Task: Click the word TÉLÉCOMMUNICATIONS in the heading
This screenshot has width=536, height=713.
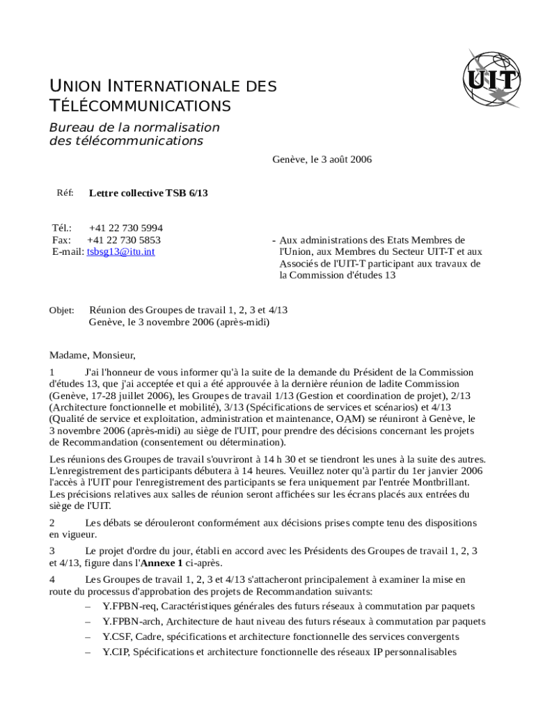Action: tap(140, 107)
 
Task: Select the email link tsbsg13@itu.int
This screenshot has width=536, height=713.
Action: tap(120, 251)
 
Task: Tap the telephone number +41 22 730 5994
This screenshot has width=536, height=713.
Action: tap(126, 228)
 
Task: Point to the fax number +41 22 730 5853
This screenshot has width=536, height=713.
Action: tap(123, 240)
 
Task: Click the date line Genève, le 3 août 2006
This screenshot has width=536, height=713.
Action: tap(322, 159)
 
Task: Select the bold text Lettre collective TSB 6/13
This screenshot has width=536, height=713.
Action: tap(148, 193)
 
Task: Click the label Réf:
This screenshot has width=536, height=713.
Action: tap(65, 192)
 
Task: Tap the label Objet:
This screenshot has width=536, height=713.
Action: tap(61, 311)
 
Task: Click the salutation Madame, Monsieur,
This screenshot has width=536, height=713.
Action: tap(92, 355)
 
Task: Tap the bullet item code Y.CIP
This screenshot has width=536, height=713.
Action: tap(115, 652)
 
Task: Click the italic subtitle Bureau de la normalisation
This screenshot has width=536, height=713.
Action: tap(134, 127)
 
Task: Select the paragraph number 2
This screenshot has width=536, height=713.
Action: tap(52, 522)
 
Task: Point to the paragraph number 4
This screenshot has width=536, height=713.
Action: tap(52, 579)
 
